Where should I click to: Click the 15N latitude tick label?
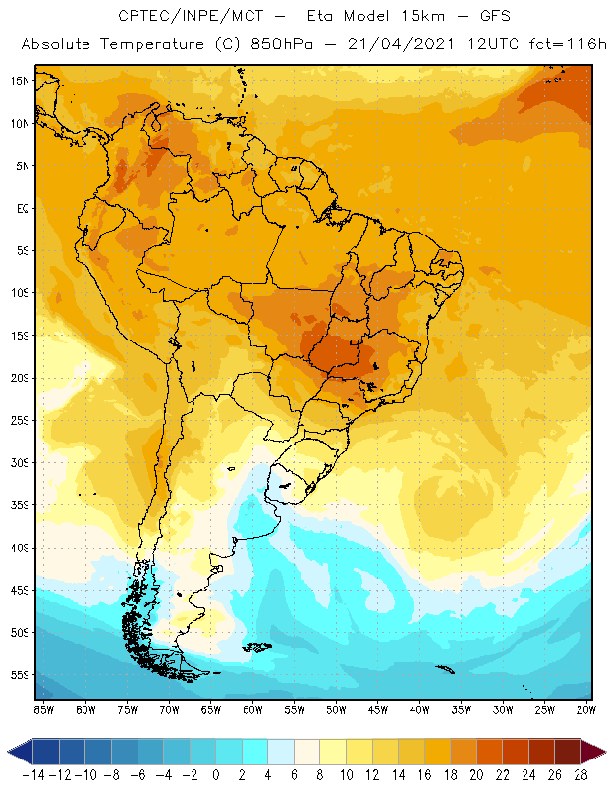click(20, 80)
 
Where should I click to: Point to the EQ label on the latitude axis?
click(22, 208)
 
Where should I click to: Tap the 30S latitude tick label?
click(20, 462)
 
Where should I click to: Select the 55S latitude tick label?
click(20, 675)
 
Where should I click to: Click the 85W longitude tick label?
click(43, 708)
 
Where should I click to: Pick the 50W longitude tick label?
click(336, 708)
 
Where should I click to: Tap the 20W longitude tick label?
click(587, 708)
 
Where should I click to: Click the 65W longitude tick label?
click(211, 708)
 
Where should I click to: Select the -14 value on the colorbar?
click(33, 774)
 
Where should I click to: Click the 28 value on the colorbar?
click(579, 774)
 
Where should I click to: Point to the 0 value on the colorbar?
click(216, 774)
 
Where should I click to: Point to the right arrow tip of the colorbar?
click(601, 752)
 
